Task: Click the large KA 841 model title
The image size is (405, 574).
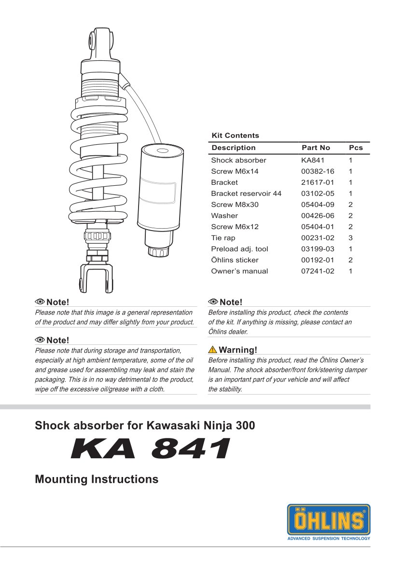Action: click(150, 450)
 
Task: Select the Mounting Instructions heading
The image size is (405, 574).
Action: click(97, 479)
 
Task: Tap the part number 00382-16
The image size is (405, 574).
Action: click(318, 171)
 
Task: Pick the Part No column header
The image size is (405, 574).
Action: click(316, 148)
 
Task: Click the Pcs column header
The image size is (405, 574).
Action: click(356, 148)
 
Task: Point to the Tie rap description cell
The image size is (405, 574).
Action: click(223, 238)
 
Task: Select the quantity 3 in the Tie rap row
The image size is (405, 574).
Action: click(350, 238)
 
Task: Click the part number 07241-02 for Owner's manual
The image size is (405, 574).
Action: click(318, 271)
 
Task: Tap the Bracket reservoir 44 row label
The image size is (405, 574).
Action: click(246, 193)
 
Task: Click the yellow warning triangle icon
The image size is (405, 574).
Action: click(212, 350)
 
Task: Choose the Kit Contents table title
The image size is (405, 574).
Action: click(235, 136)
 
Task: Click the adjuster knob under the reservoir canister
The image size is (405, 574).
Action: click(158, 251)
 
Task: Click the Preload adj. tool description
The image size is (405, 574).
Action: click(239, 249)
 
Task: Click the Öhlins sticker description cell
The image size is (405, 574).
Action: click(235, 260)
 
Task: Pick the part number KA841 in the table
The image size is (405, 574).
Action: click(313, 160)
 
